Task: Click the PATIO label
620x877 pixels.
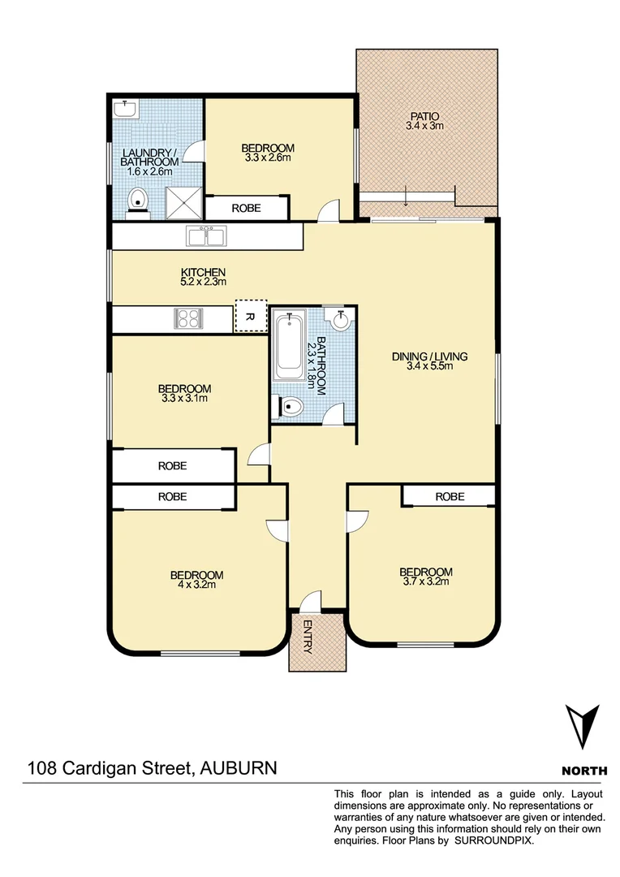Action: click(x=425, y=115)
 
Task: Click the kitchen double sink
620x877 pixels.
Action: click(x=208, y=236)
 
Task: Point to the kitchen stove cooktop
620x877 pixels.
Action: click(x=189, y=318)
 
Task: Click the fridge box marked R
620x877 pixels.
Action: click(x=250, y=317)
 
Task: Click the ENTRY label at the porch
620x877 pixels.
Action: click(x=308, y=637)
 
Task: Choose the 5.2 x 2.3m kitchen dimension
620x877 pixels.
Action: click(x=203, y=282)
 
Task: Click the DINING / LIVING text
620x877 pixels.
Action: click(x=430, y=356)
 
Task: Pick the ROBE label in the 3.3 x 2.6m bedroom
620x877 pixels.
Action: click(x=246, y=208)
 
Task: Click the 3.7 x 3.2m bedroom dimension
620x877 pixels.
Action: click(x=425, y=581)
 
